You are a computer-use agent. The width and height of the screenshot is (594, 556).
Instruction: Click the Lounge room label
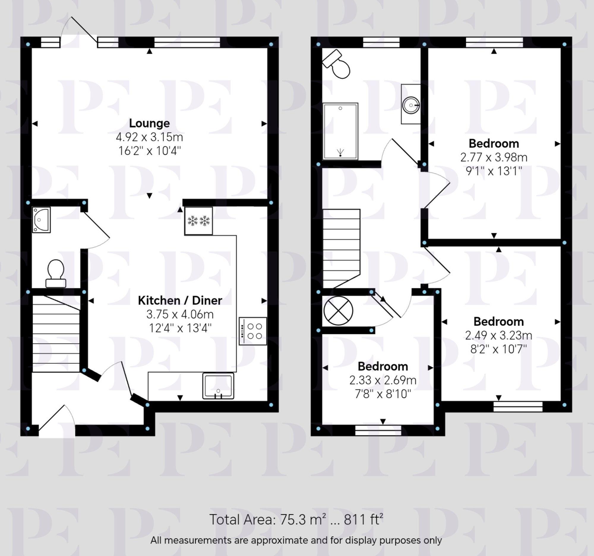149,123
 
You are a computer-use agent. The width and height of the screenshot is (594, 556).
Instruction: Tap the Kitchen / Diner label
180,300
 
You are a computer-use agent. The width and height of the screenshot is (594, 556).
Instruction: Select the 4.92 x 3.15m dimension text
149,137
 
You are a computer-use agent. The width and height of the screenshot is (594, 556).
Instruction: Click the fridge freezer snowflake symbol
198,221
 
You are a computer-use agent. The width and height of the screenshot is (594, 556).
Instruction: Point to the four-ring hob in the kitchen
253,331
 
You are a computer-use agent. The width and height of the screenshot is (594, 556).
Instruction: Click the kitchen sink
218,386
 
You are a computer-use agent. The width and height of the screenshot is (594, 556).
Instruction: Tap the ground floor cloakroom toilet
56,273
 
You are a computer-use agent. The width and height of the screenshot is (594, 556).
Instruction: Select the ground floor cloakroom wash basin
41,220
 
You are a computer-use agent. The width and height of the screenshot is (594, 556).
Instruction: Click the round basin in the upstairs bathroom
411,105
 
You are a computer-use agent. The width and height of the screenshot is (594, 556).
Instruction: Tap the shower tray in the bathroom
340,131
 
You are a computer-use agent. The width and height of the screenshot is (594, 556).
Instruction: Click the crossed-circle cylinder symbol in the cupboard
338,311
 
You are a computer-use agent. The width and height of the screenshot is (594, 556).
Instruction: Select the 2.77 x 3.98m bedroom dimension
494,157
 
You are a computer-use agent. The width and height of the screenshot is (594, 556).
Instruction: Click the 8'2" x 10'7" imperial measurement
498,349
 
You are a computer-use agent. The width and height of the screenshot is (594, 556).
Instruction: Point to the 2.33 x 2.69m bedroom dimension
383,380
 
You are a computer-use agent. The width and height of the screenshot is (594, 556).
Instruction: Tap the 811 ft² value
363,519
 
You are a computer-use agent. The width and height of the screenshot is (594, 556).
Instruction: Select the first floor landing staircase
341,248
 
